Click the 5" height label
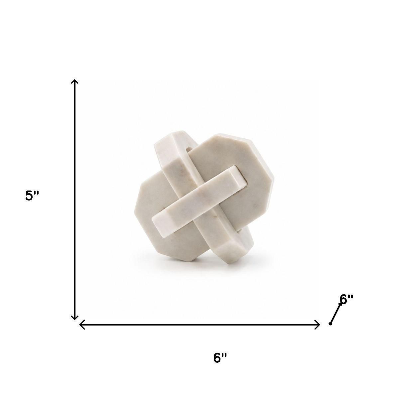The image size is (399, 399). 32,196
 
